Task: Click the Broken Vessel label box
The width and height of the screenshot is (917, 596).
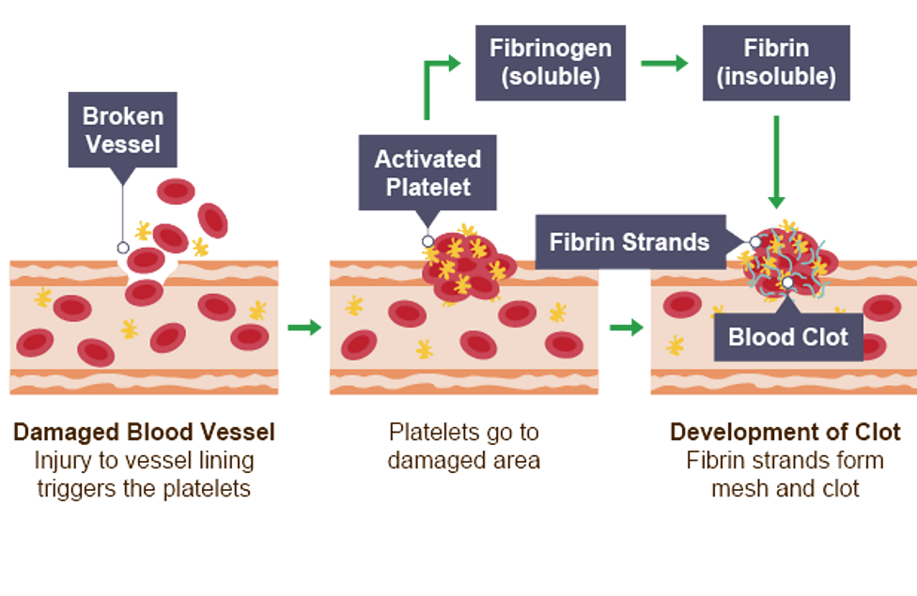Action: click(123, 130)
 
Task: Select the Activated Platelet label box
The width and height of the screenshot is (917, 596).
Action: click(427, 173)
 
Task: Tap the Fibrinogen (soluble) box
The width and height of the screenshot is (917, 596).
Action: click(551, 63)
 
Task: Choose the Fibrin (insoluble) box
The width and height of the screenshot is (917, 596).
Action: click(776, 63)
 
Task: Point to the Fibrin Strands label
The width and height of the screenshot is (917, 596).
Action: click(629, 242)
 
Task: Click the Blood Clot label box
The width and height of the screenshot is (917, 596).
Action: click(788, 337)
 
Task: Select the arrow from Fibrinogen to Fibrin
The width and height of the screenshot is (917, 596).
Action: click(664, 63)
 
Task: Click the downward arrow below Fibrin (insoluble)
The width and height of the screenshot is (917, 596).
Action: click(776, 160)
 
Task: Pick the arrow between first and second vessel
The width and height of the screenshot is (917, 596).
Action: click(303, 327)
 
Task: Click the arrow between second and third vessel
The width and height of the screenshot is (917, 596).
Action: click(626, 327)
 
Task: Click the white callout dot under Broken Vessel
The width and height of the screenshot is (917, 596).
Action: click(122, 248)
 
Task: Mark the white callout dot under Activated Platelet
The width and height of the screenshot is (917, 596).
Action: click(427, 241)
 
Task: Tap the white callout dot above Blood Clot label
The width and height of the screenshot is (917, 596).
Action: click(787, 282)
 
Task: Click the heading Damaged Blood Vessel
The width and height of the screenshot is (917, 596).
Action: click(144, 433)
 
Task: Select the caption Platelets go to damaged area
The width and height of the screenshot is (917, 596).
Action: click(464, 447)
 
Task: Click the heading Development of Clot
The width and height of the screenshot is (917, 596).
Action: click(785, 433)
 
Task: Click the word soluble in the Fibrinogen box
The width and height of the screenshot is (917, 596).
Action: click(551, 77)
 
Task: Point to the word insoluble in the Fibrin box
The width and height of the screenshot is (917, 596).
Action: click(776, 77)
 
